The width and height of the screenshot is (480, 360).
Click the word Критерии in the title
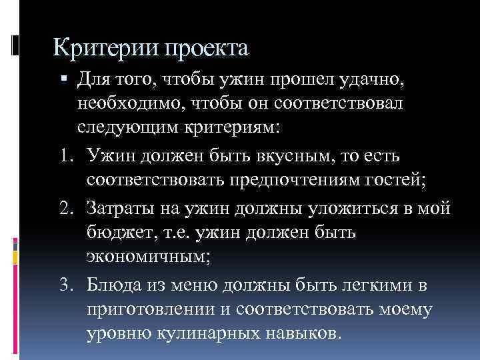click(x=91, y=49)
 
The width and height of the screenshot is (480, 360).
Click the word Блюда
click(x=114, y=285)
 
